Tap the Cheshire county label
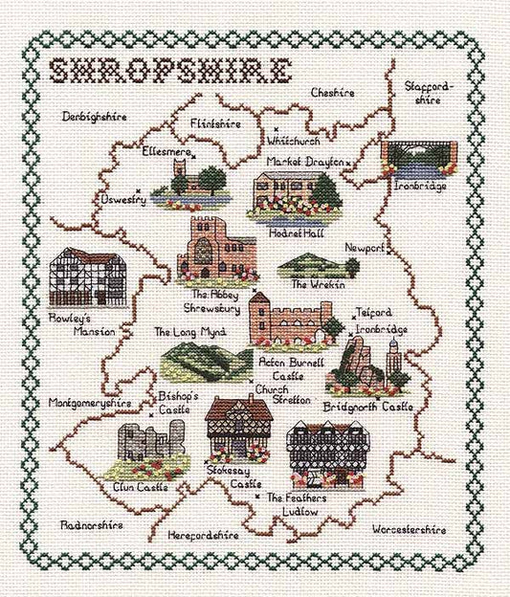coord(332,92)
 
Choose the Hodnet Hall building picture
coord(284,195)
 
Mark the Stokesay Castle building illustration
coord(238,431)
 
